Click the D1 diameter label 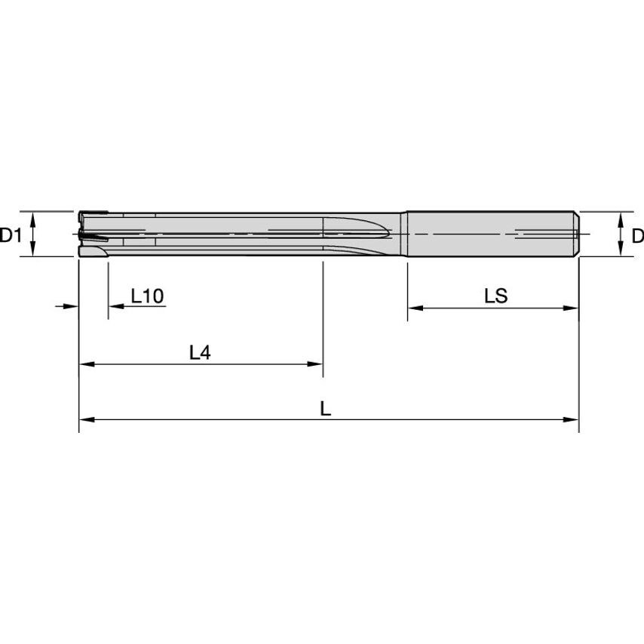11,235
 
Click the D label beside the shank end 637,235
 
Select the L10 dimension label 147,296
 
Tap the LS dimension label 495,296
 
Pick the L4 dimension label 199,352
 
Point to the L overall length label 325,409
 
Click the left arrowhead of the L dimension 85,419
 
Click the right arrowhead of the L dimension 572,419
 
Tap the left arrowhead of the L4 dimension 85,363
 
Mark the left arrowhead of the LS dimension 414,308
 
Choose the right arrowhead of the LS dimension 572,308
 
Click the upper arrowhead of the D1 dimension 32,217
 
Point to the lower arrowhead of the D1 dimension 32,251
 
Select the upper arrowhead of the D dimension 620,217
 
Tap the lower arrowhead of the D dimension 620,251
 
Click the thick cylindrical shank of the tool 490,234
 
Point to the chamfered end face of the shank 577,234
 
